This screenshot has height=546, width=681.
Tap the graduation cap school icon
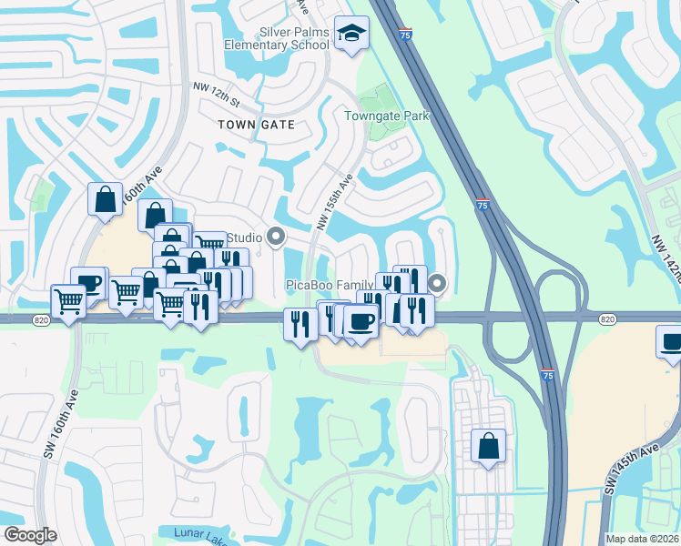click(351, 34)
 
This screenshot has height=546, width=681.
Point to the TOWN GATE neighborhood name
click(257, 124)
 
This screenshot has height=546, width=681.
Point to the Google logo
click(30, 535)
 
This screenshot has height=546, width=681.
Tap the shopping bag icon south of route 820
click(488, 446)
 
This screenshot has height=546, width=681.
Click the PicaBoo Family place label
click(330, 285)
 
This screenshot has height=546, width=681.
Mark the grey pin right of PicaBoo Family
click(438, 285)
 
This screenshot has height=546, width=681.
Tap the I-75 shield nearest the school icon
click(404, 34)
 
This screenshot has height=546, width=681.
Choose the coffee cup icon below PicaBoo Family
click(361, 321)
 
